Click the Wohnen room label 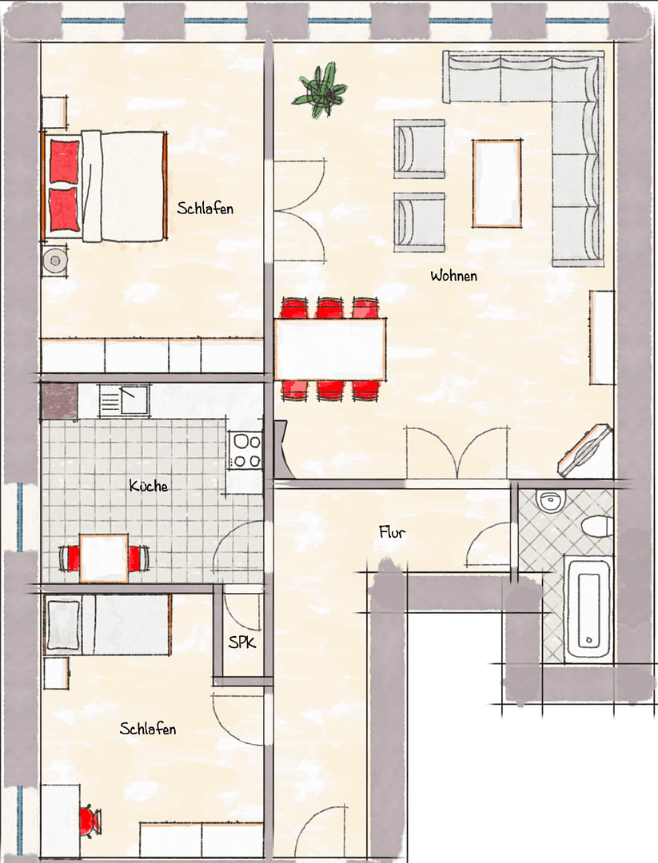(x=453, y=276)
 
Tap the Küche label (x=149, y=485)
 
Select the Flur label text (x=392, y=532)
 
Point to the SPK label (x=242, y=642)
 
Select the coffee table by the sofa (x=496, y=183)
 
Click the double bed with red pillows (x=104, y=185)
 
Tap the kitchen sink (x=125, y=400)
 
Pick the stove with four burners (x=245, y=450)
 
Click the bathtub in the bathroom (x=588, y=607)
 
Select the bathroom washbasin (x=550, y=501)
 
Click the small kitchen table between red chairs (x=104, y=558)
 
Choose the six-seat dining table (x=330, y=349)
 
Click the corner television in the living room (x=587, y=450)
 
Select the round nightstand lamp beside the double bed (x=55, y=260)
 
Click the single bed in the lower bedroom (x=108, y=626)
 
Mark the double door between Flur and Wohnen (x=457, y=454)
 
